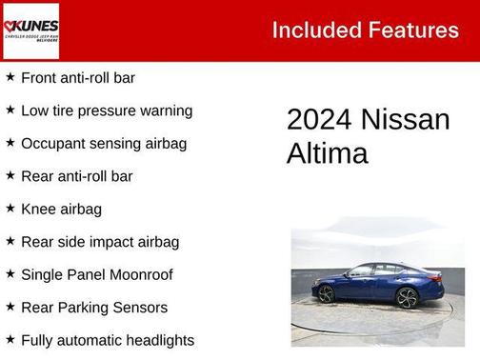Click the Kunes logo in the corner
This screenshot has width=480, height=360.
[x=31, y=30]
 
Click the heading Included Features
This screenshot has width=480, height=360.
[x=365, y=30]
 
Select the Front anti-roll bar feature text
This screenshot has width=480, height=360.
[x=78, y=78]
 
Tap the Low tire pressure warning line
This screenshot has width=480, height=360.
[x=107, y=110]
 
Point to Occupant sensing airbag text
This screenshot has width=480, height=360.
[x=104, y=144]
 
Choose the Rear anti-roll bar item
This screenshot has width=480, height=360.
[x=76, y=176]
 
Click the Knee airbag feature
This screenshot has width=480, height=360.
[x=61, y=209]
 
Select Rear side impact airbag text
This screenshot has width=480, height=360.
[x=100, y=242]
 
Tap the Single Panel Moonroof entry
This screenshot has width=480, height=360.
[x=97, y=274]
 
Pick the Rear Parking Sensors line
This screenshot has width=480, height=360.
[x=94, y=308]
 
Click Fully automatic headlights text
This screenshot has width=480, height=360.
[x=108, y=340]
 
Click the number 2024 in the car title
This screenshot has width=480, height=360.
[x=319, y=120]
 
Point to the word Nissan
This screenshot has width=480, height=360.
[x=405, y=120]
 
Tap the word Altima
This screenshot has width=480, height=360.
[x=327, y=153]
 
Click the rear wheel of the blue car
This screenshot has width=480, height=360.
[x=327, y=294]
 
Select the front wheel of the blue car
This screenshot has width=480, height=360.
[x=407, y=297]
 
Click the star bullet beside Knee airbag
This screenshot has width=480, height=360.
[x=10, y=208]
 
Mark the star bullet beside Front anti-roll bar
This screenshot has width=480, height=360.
[x=10, y=77]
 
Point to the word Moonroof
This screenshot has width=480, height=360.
[x=139, y=274]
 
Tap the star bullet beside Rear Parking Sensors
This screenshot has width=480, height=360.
[x=10, y=307]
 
